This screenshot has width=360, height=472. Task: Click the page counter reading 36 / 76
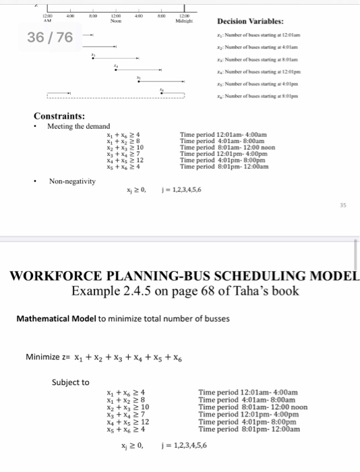tap(49, 37)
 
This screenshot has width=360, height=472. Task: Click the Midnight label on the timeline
tap(184, 20)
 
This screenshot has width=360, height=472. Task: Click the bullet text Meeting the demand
tap(78, 126)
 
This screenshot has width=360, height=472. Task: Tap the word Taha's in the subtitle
tap(250, 291)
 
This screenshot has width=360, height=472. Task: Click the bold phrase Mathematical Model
tap(57, 318)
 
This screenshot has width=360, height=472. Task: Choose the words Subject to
tap(70, 382)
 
